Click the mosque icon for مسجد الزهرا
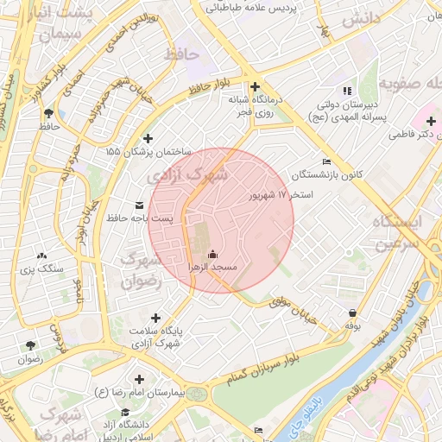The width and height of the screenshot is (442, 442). click(213, 255)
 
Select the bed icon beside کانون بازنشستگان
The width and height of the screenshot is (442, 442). click(325, 161)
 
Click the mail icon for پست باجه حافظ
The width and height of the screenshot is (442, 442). click(140, 205)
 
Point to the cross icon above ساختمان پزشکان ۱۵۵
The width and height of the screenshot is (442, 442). click(148, 138)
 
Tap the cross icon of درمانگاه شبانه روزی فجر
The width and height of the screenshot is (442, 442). click(255, 86)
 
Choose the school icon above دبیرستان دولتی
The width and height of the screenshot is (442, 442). click(346, 90)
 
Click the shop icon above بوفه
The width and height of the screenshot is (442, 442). click(352, 313)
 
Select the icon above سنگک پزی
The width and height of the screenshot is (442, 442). click(41, 256)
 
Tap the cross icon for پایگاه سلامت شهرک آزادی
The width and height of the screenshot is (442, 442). click(155, 318)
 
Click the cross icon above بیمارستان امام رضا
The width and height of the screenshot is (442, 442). click(138, 379)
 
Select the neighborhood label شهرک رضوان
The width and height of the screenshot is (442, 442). click(141, 269)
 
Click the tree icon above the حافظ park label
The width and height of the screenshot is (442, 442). click(48, 113)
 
